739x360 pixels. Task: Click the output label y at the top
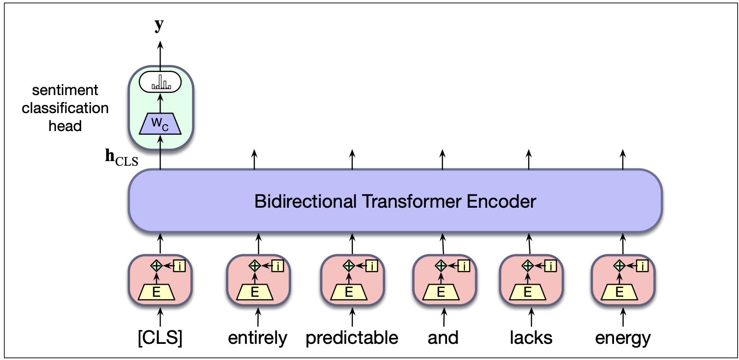(159, 25)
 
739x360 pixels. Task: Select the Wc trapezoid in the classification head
(160, 124)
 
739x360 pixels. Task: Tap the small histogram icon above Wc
(161, 83)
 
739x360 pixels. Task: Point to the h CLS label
(121, 157)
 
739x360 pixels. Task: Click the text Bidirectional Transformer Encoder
(395, 202)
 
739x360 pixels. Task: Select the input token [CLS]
(160, 338)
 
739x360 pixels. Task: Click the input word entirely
(257, 338)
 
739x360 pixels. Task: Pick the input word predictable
(352, 338)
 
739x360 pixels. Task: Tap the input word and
(443, 338)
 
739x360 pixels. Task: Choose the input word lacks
(531, 338)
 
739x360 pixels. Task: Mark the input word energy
(623, 338)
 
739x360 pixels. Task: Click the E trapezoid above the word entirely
(255, 292)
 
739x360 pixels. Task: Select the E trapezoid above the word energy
(620, 292)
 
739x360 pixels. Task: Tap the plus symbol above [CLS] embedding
(156, 265)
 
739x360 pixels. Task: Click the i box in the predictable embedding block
(372, 266)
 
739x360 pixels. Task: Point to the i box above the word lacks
(551, 266)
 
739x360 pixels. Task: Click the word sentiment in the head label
(65, 90)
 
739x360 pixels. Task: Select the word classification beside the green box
(65, 108)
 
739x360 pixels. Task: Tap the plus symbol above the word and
(441, 265)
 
